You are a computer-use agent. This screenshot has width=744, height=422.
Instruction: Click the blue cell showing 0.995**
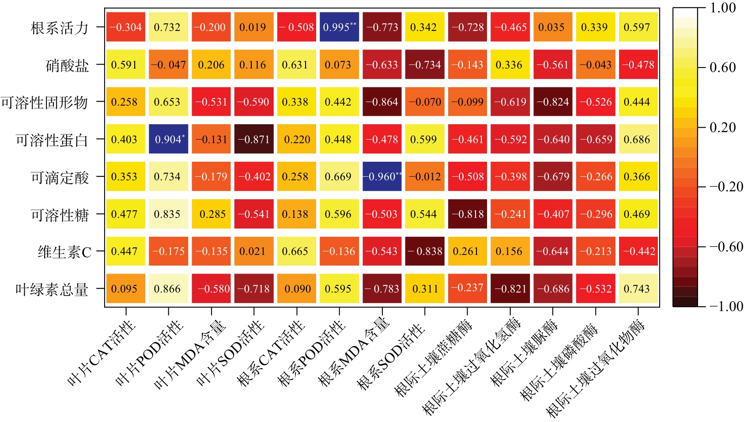click(339, 27)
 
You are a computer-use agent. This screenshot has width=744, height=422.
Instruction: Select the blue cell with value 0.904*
click(168, 139)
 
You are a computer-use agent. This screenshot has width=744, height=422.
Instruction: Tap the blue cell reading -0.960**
click(382, 177)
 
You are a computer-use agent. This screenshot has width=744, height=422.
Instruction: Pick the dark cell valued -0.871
click(254, 139)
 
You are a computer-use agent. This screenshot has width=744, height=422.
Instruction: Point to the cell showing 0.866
click(168, 289)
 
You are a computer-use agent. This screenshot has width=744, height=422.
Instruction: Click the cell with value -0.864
click(382, 102)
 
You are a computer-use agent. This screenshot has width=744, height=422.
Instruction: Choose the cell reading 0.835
click(168, 214)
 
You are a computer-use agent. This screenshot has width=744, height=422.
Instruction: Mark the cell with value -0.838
click(425, 251)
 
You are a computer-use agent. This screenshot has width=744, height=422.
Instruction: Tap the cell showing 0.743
click(638, 289)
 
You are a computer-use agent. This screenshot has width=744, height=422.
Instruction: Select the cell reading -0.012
click(425, 177)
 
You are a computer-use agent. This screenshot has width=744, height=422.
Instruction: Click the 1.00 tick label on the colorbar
click(722, 8)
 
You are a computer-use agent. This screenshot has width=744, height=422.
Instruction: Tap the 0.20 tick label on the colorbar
click(722, 127)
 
